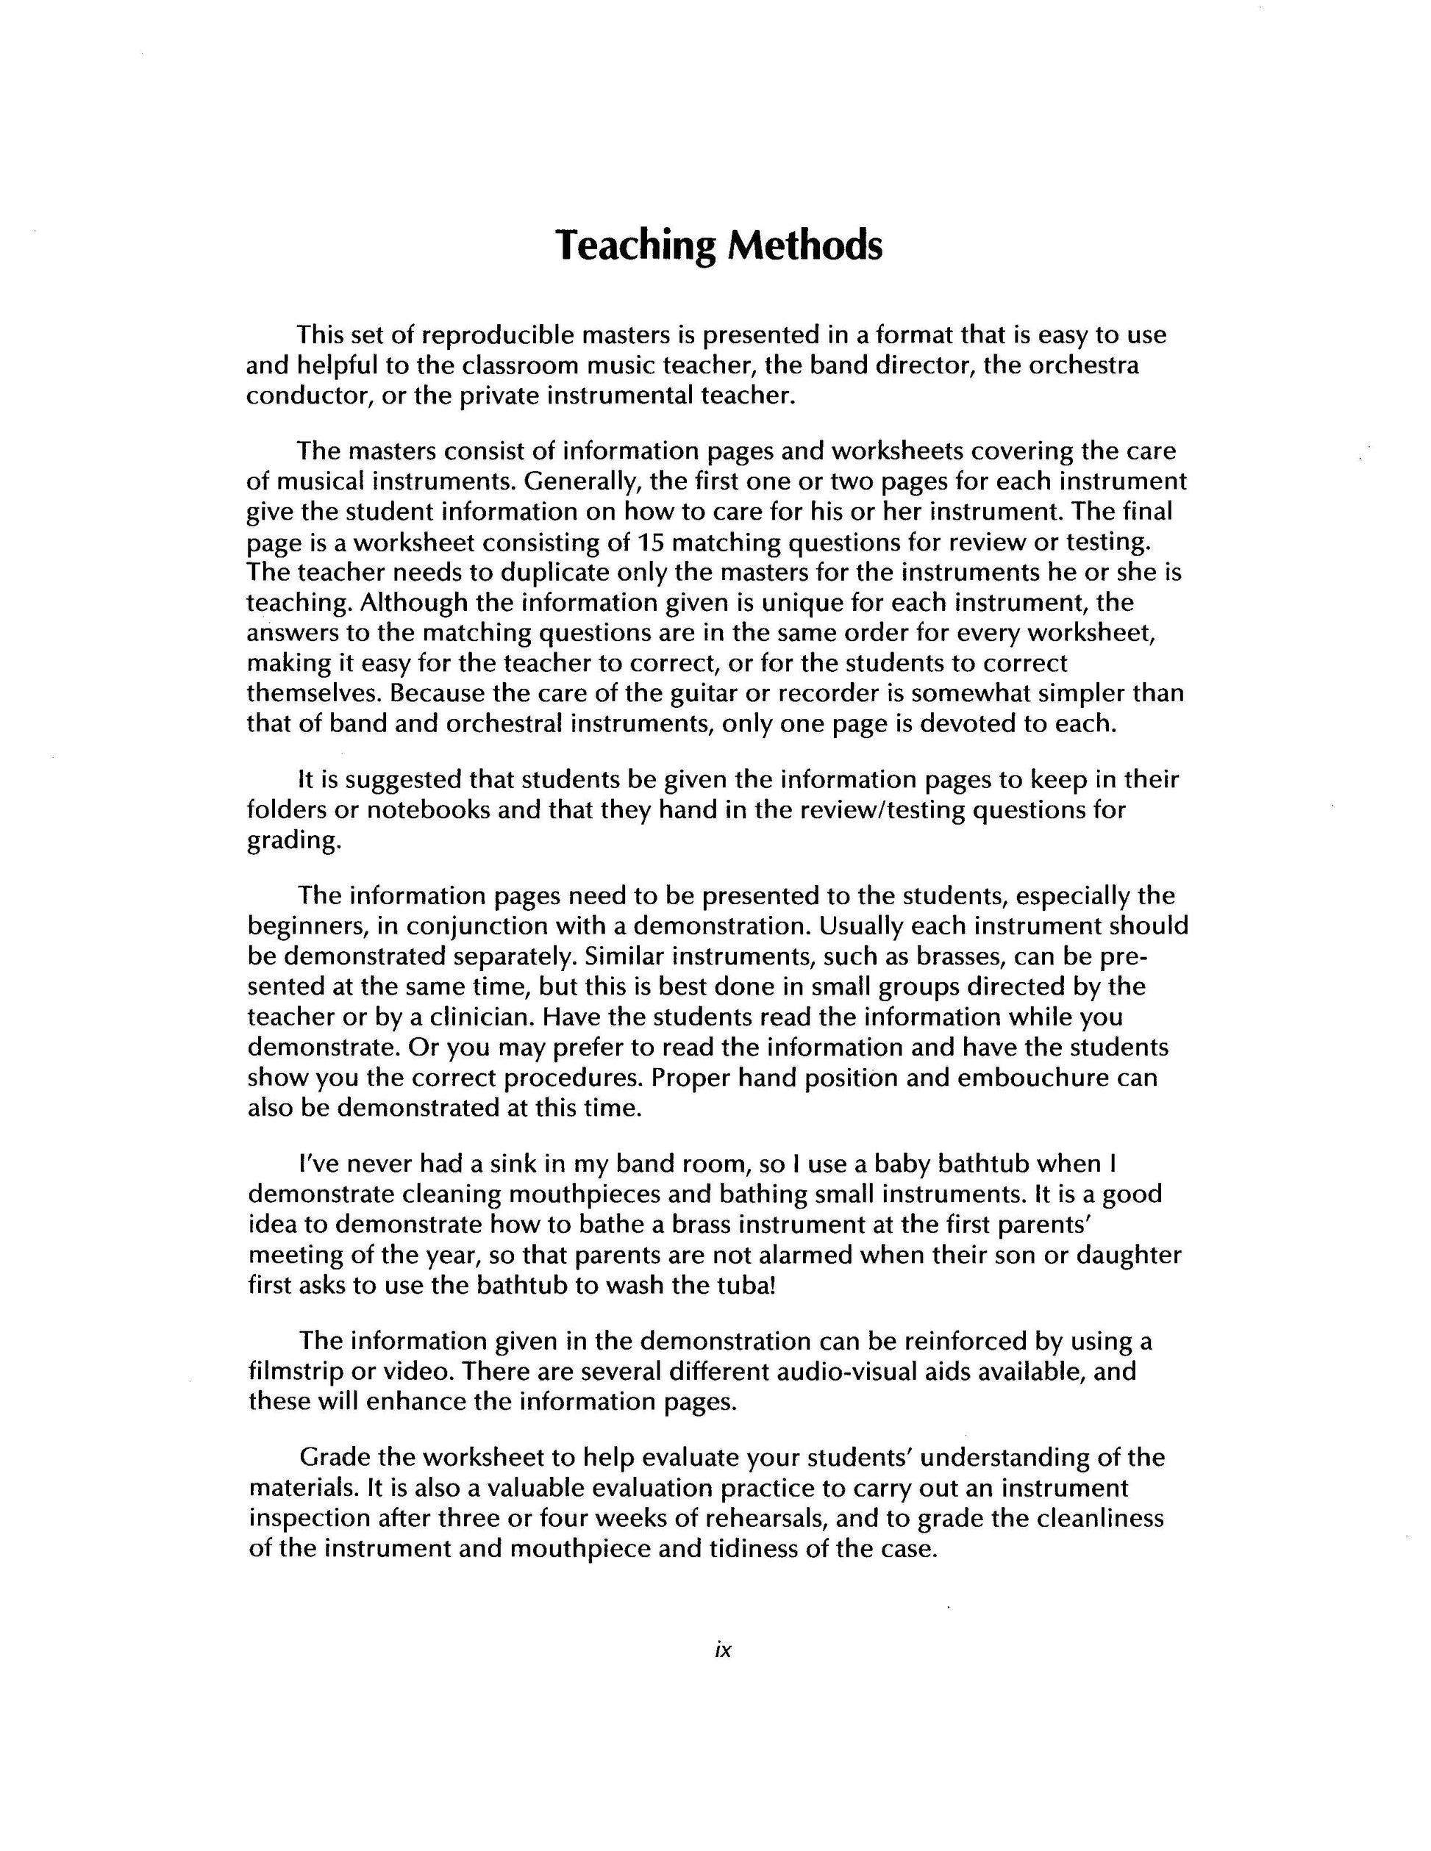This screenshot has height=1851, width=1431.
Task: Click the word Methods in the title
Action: tap(804, 246)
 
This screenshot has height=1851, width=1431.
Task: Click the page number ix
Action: tap(722, 1650)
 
